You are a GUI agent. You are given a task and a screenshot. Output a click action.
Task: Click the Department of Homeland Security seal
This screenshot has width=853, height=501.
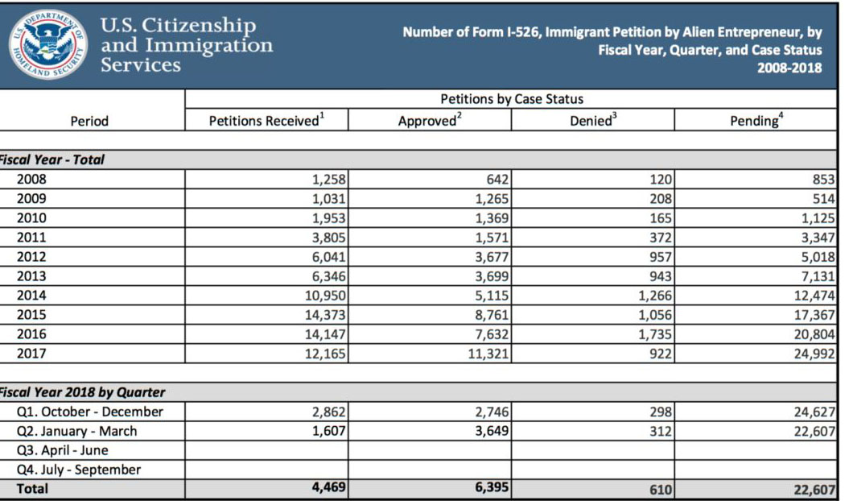(x=50, y=44)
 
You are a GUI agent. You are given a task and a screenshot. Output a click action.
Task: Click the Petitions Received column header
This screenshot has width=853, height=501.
(x=266, y=121)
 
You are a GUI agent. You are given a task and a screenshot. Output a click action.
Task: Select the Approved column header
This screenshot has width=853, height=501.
(x=430, y=121)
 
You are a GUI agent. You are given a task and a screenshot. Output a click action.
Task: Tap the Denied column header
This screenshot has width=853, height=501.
(x=594, y=121)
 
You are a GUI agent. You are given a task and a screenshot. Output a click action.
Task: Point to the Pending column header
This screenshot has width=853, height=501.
(x=756, y=121)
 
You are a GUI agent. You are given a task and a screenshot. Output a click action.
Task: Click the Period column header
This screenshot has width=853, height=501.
(x=89, y=121)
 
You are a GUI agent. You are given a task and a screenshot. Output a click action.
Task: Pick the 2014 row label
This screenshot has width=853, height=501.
(x=31, y=296)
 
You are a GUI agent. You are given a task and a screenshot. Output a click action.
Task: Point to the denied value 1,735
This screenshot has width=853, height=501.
(x=654, y=334)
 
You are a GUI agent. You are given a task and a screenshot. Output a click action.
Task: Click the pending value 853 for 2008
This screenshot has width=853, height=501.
(x=823, y=180)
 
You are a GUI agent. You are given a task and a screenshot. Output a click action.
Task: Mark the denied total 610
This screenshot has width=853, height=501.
(x=660, y=489)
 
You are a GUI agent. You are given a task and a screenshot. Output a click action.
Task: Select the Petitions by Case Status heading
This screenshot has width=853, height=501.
(x=512, y=99)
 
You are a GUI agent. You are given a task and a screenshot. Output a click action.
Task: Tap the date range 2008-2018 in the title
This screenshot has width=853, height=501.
(x=789, y=68)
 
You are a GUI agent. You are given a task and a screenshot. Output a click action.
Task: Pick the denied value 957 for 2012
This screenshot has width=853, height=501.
(x=660, y=257)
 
